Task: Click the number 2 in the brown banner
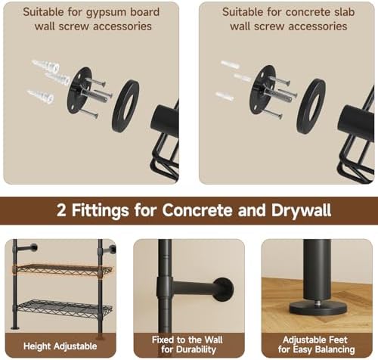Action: pyautogui.click(x=61, y=210)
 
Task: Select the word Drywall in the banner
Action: pyautogui.click(x=301, y=210)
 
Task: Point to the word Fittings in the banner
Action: pyautogui.click(x=100, y=210)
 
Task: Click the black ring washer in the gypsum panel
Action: pyautogui.click(x=125, y=106)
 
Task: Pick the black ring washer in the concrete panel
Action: pyautogui.click(x=311, y=106)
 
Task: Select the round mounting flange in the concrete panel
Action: pyautogui.click(x=262, y=89)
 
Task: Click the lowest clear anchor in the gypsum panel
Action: pyautogui.click(x=40, y=96)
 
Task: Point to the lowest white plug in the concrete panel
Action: pyautogui.click(x=225, y=96)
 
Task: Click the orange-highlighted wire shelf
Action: pyautogui.click(x=63, y=269)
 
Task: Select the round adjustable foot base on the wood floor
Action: pyautogui.click(x=318, y=309)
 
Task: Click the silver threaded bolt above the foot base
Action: pyautogui.click(x=318, y=302)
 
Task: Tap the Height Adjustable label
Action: pyautogui.click(x=60, y=346)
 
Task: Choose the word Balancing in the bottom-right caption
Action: pyautogui.click(x=335, y=349)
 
